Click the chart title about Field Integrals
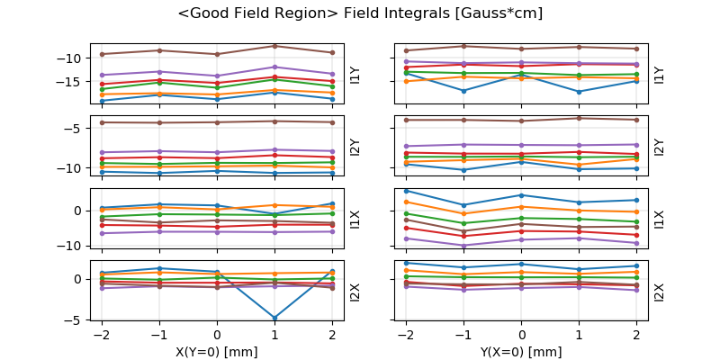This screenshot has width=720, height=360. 360,13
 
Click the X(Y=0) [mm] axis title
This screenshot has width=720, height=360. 216,352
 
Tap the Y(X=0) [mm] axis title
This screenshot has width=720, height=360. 521,352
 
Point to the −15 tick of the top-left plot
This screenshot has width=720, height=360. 72,82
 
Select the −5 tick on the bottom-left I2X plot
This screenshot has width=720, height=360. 78,319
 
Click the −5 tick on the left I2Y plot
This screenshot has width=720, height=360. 78,128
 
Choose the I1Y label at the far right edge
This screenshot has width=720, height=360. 659,75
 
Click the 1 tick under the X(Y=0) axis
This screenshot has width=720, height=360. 274,335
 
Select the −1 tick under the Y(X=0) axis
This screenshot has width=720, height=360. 463,335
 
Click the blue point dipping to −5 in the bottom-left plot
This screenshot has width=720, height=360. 274,318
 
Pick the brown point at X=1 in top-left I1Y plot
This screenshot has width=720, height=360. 274,46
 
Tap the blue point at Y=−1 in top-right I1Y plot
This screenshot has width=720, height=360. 463,91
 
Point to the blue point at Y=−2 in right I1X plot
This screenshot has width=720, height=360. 406,191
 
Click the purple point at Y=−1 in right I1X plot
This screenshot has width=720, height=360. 463,246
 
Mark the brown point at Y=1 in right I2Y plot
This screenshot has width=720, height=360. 579,118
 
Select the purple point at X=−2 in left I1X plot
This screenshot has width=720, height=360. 102,233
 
